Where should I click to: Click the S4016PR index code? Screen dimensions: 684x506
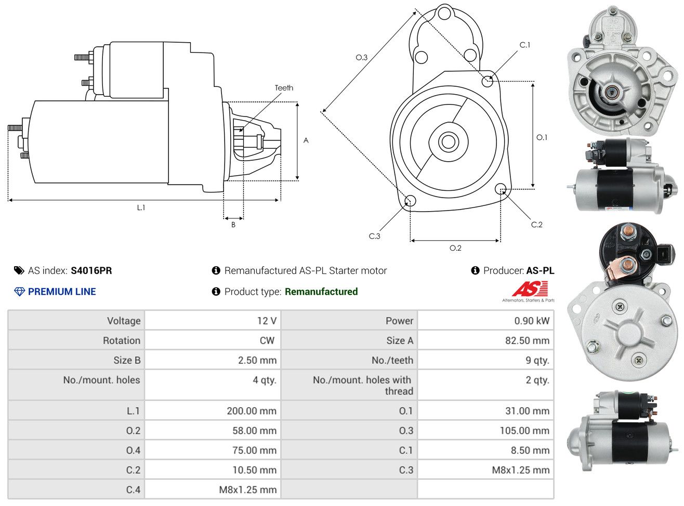91,270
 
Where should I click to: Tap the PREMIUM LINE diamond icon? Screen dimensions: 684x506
19,292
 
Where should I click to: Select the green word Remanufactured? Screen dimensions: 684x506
321,292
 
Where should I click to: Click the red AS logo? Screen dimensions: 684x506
530,289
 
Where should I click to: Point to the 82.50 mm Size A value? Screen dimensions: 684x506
527,341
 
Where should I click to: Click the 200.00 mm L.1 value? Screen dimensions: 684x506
252,411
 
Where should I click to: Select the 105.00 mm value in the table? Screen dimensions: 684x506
524,431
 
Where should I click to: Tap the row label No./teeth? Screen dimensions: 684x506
392,360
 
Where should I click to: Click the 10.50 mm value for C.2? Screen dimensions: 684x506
254,470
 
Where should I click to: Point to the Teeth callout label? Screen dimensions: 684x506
284,88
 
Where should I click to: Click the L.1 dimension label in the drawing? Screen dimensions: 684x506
141,207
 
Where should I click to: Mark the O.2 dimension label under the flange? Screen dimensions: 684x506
455,248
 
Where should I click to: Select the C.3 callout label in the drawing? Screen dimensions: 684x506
374,236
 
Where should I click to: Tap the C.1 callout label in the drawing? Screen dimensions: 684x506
524,45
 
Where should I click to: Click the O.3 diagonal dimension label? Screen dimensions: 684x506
361,57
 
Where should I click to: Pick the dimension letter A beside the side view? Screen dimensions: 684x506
306,141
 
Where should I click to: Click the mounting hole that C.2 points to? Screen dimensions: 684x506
500,189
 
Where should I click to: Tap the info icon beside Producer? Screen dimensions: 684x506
475,270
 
